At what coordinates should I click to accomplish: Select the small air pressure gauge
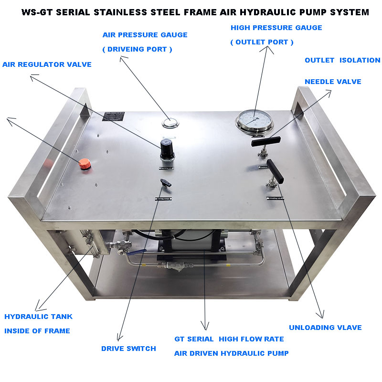click(170, 122)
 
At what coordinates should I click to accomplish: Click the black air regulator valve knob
click(167, 150)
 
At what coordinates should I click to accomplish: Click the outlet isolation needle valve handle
click(266, 141)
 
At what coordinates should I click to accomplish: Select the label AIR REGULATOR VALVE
click(47, 64)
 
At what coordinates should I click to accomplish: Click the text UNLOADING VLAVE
click(325, 328)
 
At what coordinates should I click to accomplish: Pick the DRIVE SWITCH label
click(128, 349)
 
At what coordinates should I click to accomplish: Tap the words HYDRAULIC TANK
click(39, 317)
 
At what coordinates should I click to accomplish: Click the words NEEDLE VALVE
click(333, 82)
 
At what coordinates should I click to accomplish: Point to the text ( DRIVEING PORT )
click(138, 49)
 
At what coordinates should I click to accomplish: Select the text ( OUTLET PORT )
click(262, 42)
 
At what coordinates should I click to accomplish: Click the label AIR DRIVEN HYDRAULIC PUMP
click(231, 353)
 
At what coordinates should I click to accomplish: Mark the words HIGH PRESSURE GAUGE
click(276, 28)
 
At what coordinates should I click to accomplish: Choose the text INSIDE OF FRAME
click(37, 331)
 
